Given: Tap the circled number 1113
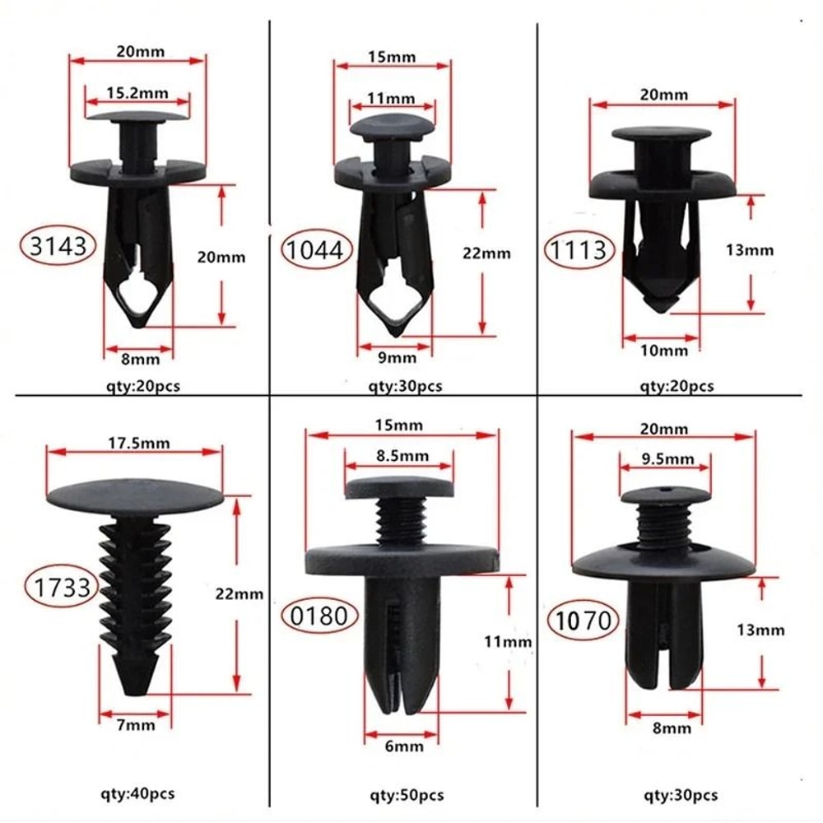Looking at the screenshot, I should tap(579, 249).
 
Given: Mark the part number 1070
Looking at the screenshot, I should tap(584, 620).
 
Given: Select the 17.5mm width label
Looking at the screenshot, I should tap(135, 443).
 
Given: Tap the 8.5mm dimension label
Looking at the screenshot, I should tap(398, 455).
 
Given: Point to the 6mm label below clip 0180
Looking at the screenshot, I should tap(403, 746).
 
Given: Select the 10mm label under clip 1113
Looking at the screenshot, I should tap(663, 351).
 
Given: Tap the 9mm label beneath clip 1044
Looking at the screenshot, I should tap(396, 357).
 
